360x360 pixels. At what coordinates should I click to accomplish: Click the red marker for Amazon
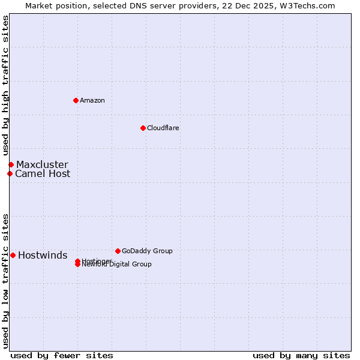[76, 100]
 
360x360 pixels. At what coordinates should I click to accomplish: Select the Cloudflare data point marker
[143, 128]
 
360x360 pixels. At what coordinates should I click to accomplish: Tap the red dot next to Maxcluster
[11, 164]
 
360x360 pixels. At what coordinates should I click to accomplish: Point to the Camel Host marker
[10, 173]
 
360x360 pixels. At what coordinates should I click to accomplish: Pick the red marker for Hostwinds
[13, 255]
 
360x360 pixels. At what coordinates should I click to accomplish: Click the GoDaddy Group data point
[118, 251]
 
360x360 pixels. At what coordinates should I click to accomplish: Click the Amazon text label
[92, 100]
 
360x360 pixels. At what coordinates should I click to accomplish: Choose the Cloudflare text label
[163, 128]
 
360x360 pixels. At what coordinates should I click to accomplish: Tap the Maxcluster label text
[42, 164]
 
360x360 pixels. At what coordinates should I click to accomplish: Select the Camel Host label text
[43, 173]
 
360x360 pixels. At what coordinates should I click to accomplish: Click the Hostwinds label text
[43, 255]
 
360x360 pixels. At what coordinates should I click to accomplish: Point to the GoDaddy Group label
[147, 251]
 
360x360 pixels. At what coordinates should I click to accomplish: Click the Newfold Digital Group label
[117, 265]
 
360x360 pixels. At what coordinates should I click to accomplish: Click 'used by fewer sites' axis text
[62, 355]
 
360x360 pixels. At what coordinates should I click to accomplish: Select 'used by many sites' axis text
[301, 355]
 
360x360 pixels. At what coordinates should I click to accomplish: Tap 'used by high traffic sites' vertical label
[5, 86]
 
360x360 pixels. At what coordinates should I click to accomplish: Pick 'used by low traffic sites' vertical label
[5, 280]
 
